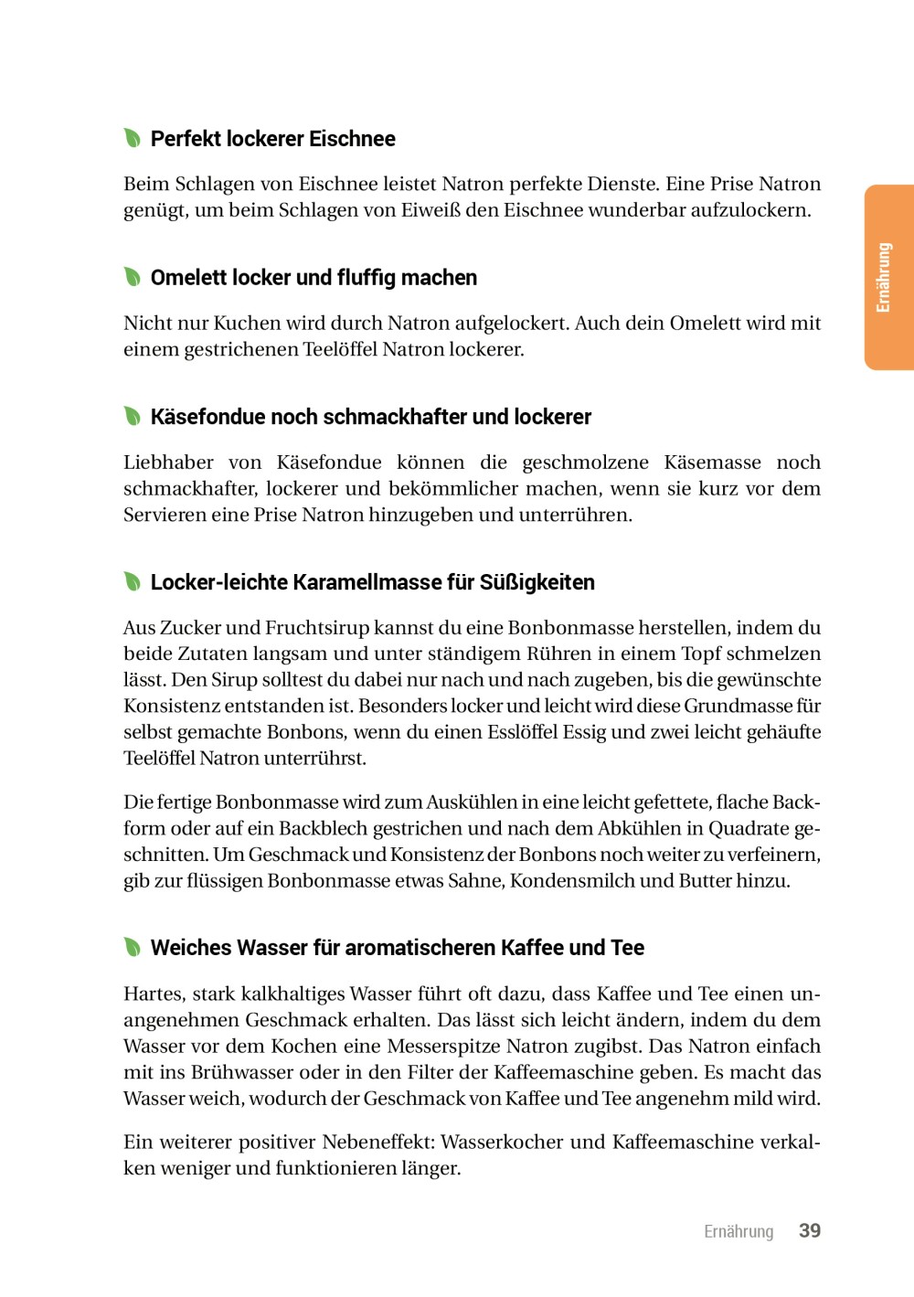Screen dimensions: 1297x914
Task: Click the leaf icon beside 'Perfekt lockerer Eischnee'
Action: coord(133,138)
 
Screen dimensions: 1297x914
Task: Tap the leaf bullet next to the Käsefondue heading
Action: coord(133,416)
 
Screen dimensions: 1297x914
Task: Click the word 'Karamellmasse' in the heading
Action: coord(370,582)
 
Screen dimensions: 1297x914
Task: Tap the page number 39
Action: coord(810,1230)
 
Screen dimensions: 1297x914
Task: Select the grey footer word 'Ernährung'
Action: coord(739,1231)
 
